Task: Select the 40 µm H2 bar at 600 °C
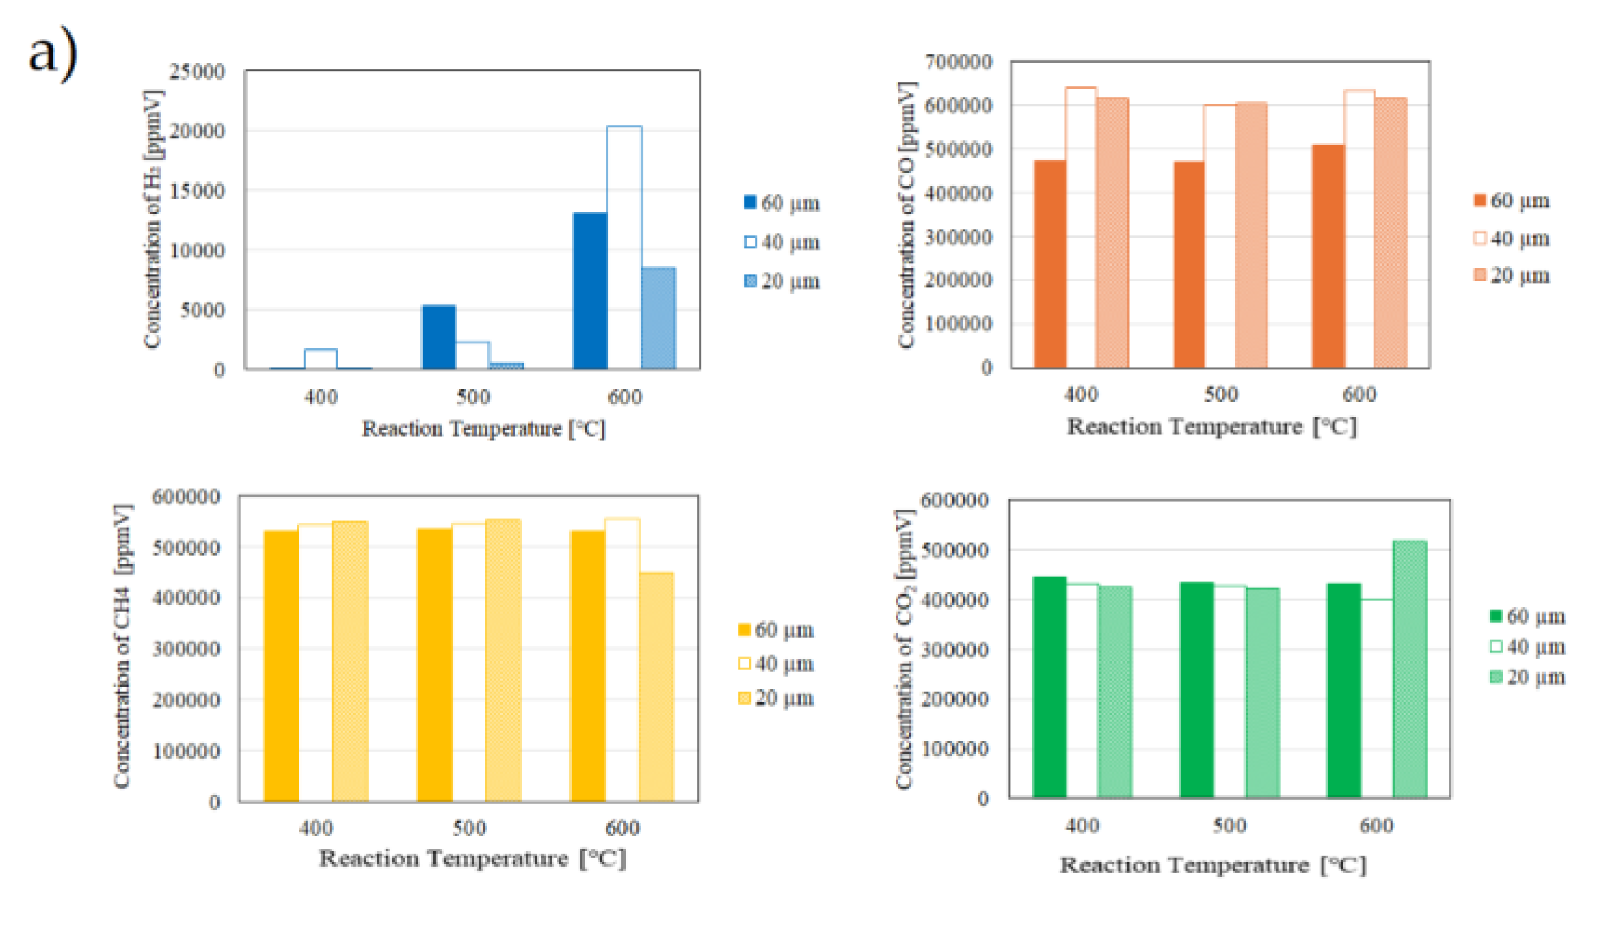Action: coord(624,248)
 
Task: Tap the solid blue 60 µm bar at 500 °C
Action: coord(438,338)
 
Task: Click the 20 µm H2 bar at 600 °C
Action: coord(659,318)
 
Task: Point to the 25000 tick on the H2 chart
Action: coord(197,71)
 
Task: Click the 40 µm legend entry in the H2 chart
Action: coord(782,243)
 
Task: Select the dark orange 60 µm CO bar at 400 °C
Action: coord(1050,264)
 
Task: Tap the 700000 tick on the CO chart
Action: coord(958,62)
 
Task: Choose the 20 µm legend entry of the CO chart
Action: coord(1512,276)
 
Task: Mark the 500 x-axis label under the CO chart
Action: coord(1221,394)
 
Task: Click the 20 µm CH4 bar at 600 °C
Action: coord(657,687)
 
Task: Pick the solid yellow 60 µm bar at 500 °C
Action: coord(435,664)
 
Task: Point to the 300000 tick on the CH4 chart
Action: coord(186,649)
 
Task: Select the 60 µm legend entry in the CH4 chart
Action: coord(776,630)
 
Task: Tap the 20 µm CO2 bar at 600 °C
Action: coord(1410,669)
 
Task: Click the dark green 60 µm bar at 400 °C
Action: coord(1049,687)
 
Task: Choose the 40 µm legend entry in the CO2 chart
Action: coord(1528,647)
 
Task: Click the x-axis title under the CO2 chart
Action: coord(1212,864)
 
